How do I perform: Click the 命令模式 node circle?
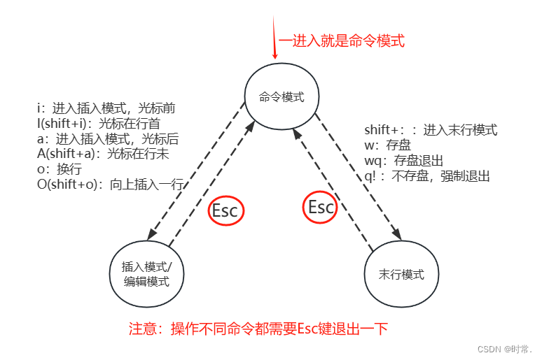(x=282, y=97)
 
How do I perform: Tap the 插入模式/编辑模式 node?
(x=146, y=274)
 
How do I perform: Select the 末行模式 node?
(x=401, y=275)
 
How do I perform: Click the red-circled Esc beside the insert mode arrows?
(x=225, y=211)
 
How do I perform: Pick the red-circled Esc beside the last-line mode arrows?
(x=321, y=207)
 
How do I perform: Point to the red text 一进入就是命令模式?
(x=342, y=41)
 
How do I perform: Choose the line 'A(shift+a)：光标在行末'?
(x=103, y=154)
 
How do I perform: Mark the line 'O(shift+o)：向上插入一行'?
(x=110, y=185)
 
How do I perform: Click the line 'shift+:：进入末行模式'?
(x=431, y=130)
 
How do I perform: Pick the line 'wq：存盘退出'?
(x=404, y=161)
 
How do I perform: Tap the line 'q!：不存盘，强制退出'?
(x=427, y=176)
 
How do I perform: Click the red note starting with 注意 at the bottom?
(x=258, y=329)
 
